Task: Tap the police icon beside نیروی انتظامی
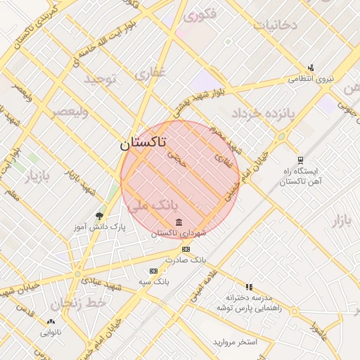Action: (x=311, y=68)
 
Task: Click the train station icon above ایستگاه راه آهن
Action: (x=300, y=160)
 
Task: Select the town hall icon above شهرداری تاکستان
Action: (x=177, y=223)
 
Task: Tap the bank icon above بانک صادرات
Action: (x=186, y=250)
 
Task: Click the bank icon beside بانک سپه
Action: (x=153, y=271)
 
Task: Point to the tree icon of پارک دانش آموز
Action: (x=99, y=216)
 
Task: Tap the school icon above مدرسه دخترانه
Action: (x=249, y=287)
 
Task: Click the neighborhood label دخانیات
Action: (x=276, y=25)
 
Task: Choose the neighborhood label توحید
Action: (x=99, y=79)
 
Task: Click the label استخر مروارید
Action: (x=236, y=342)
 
